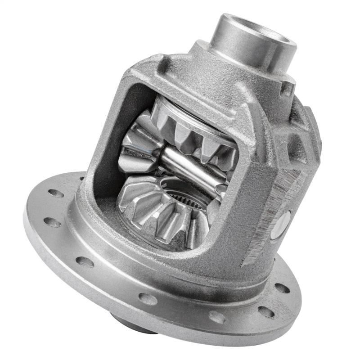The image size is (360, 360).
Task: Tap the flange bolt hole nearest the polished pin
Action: (282, 288)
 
